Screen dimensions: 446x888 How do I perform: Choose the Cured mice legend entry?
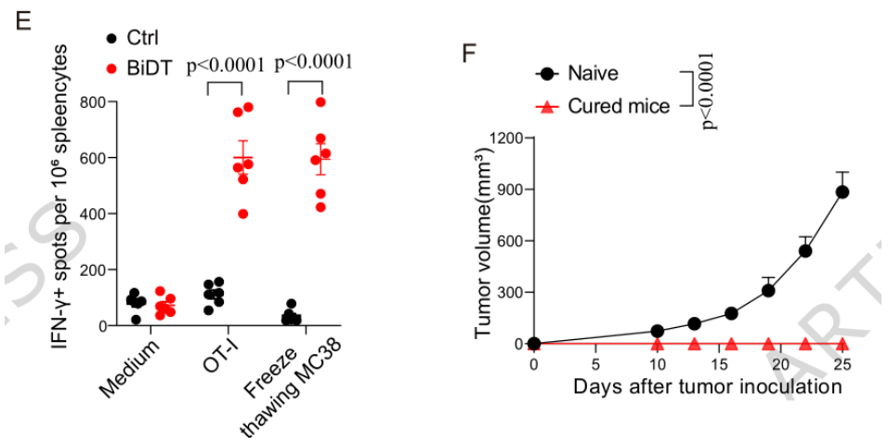[618, 106]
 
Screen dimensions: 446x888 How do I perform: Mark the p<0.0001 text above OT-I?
[227, 65]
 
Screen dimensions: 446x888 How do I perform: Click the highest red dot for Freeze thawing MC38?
[320, 102]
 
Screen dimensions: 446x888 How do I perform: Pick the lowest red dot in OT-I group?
[243, 214]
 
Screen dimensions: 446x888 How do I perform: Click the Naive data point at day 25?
[842, 192]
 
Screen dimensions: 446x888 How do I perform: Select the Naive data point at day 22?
[805, 251]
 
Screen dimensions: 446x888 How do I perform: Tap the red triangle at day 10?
[657, 344]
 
